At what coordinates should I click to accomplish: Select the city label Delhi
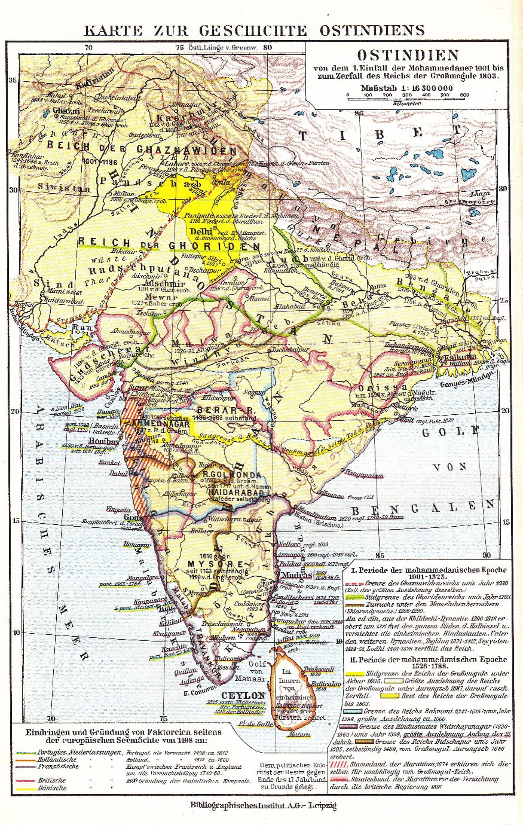(x=197, y=232)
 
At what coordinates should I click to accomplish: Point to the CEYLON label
(x=243, y=695)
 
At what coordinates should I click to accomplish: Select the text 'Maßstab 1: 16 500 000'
(x=407, y=88)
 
